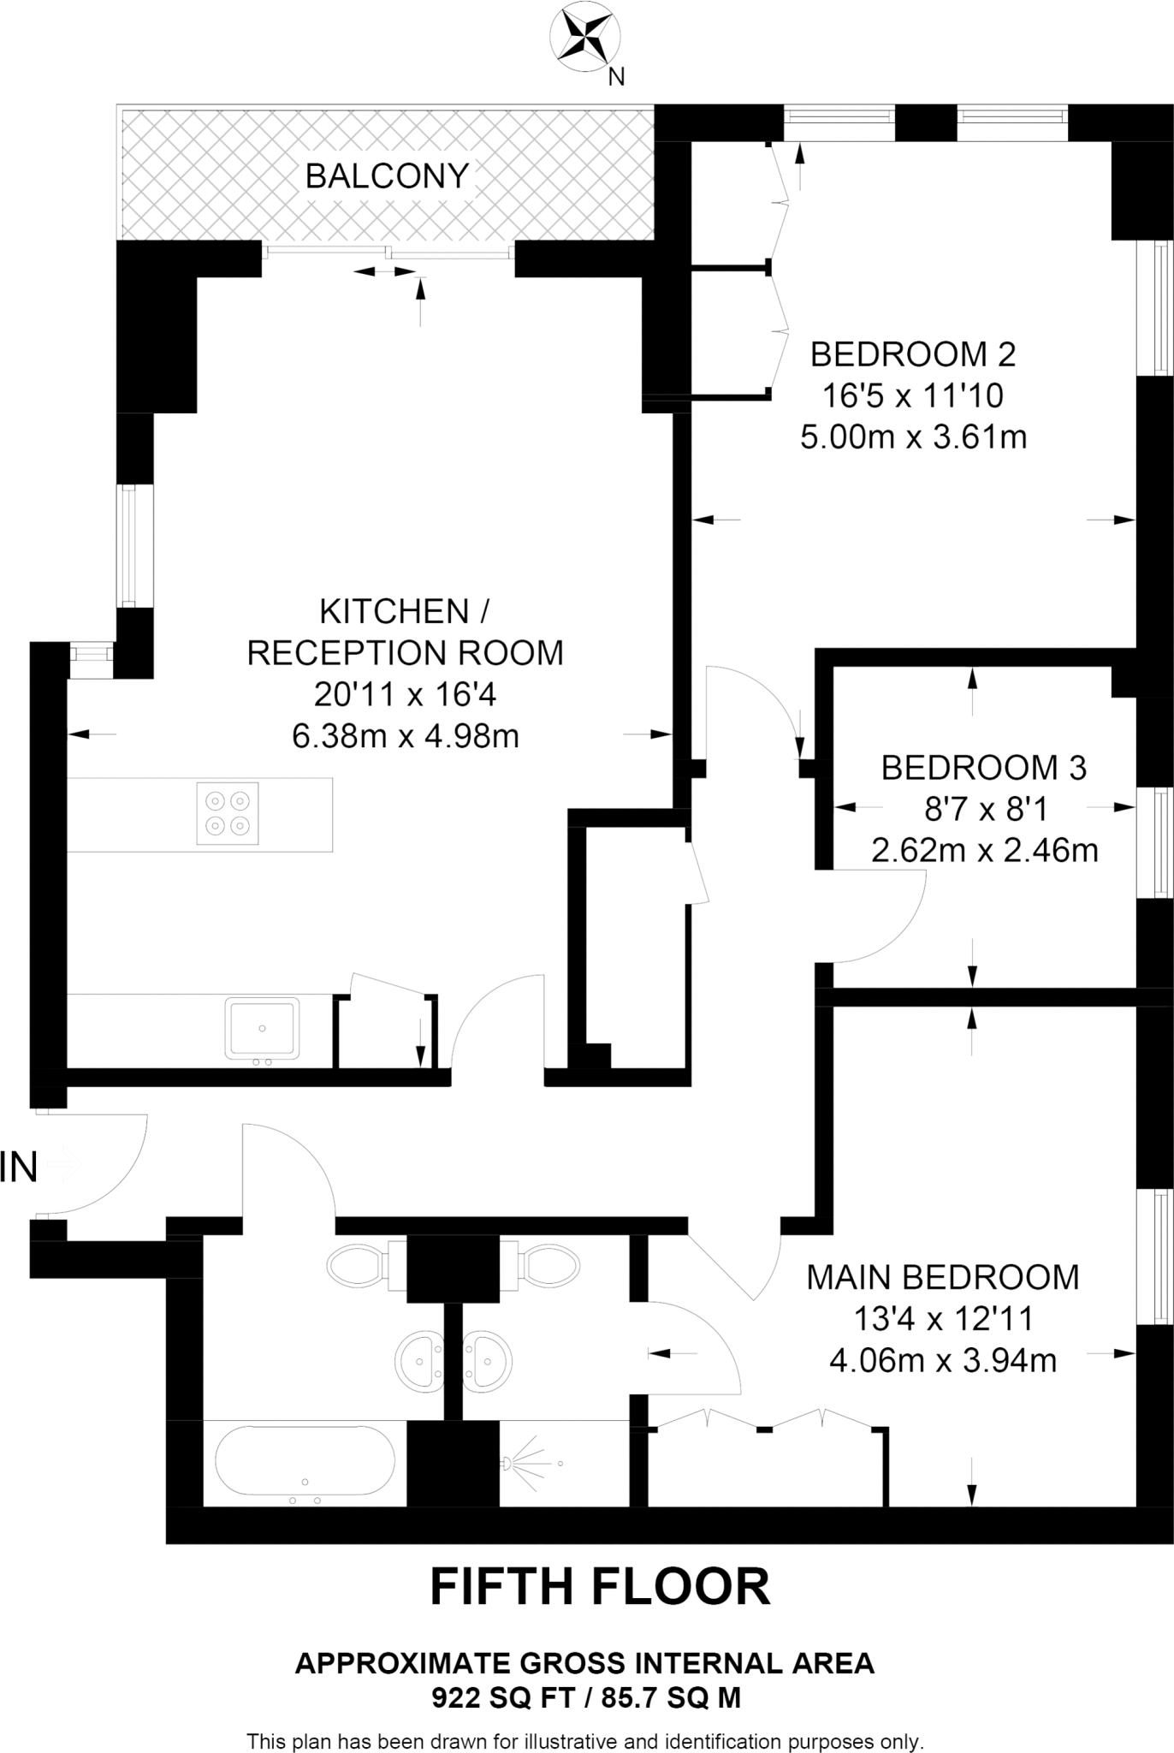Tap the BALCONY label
(387, 176)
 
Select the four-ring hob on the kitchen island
(228, 813)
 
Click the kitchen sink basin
(262, 1027)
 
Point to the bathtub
(304, 1465)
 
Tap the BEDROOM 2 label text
(912, 354)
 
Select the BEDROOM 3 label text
(983, 768)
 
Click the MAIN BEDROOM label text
(942, 1277)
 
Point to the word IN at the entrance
(19, 1168)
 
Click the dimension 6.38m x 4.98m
(405, 735)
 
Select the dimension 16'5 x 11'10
(912, 395)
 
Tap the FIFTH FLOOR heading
(600, 1587)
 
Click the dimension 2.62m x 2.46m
(984, 851)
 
